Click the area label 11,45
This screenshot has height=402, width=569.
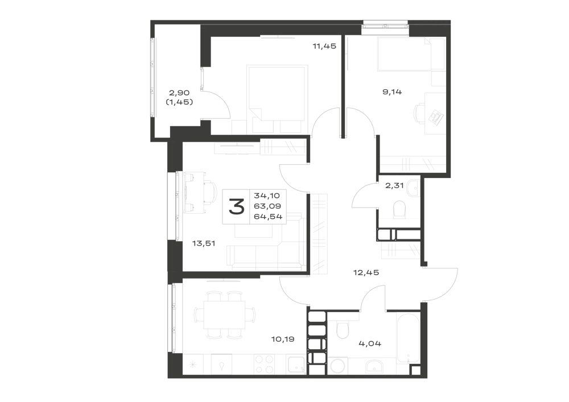(x=324, y=46)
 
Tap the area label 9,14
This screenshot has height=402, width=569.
(x=392, y=92)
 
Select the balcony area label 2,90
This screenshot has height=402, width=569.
(x=179, y=93)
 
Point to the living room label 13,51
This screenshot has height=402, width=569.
(x=204, y=243)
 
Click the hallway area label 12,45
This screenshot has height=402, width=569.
(x=366, y=272)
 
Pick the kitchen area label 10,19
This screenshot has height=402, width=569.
(x=283, y=339)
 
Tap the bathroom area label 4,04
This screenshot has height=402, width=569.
(x=370, y=343)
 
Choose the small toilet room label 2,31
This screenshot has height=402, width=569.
(x=394, y=185)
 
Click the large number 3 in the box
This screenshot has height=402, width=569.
(x=237, y=207)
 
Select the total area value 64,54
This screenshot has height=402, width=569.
(x=268, y=217)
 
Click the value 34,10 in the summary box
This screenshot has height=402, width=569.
(x=267, y=196)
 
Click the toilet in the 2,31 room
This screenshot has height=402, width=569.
(x=399, y=209)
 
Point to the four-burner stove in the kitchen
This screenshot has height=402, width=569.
(x=264, y=363)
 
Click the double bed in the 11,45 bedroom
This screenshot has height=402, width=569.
(x=277, y=99)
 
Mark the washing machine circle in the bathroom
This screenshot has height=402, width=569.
(x=338, y=365)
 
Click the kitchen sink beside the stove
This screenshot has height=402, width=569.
(x=296, y=364)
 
